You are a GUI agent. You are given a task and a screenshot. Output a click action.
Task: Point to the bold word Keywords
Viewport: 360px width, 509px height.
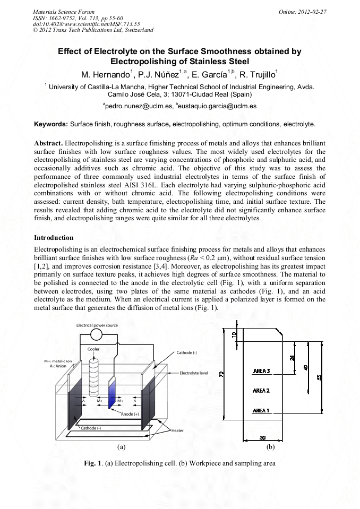click(50, 124)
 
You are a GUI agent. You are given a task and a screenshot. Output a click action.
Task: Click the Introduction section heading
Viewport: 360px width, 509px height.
click(54, 237)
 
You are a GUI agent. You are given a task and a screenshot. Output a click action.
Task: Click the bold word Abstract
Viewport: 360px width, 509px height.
click(48, 143)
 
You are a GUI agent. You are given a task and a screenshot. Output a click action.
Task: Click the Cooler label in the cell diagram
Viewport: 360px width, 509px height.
click(93, 349)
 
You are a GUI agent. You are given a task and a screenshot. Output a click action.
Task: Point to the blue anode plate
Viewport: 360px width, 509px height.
click(112, 393)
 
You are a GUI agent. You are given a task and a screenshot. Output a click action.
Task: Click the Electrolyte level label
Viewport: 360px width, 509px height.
click(193, 373)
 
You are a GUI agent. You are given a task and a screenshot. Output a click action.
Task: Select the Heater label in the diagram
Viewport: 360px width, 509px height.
click(177, 430)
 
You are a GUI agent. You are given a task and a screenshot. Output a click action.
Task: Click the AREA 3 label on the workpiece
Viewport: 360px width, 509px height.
click(261, 371)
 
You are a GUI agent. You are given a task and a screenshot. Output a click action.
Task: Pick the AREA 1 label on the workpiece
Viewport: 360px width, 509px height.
click(261, 410)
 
